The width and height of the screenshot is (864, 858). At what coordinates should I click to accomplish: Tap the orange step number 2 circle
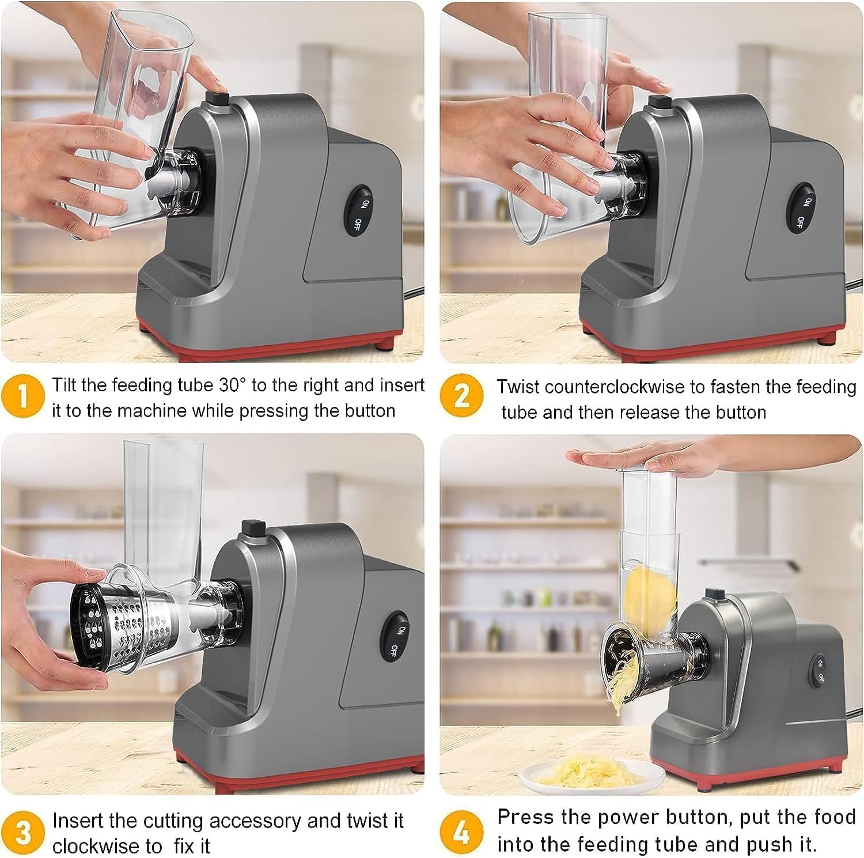coord(462,396)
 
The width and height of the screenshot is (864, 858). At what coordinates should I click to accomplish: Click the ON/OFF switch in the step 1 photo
coord(359,210)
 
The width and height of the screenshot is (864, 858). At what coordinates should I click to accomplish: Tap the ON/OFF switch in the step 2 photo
coord(802,210)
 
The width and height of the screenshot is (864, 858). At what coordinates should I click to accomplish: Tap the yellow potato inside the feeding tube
coord(653,596)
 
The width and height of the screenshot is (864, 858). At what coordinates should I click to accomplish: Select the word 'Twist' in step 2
coord(518,387)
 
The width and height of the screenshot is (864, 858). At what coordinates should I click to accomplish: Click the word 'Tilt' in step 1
coord(65,384)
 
